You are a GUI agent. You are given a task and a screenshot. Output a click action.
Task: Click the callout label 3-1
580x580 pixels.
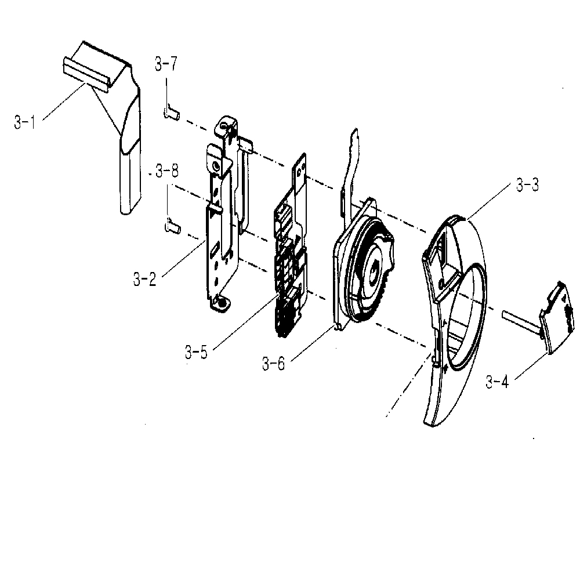pyautogui.click(x=25, y=123)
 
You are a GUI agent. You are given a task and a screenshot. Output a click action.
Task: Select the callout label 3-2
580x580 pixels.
pyautogui.click(x=144, y=279)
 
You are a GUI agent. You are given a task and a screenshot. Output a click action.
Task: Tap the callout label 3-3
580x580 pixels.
pyautogui.click(x=527, y=184)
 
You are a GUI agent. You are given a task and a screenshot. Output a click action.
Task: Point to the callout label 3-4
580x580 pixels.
pyautogui.click(x=497, y=382)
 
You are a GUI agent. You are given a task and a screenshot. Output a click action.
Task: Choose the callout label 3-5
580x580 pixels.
pyautogui.click(x=196, y=352)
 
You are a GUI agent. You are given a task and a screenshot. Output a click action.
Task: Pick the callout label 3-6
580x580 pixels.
pyautogui.click(x=274, y=364)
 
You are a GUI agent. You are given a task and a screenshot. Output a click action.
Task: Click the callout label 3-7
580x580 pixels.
pyautogui.click(x=166, y=64)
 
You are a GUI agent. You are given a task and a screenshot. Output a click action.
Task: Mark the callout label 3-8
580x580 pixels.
pyautogui.click(x=167, y=171)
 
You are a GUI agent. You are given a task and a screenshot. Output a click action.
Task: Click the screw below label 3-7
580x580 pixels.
pyautogui.click(x=171, y=113)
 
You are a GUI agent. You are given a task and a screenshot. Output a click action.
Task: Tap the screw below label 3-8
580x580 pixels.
pyautogui.click(x=172, y=226)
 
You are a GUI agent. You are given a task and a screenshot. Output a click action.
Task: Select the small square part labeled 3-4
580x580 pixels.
pyautogui.click(x=557, y=317)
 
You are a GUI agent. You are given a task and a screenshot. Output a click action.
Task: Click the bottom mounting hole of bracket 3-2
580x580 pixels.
pyautogui.click(x=223, y=303)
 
